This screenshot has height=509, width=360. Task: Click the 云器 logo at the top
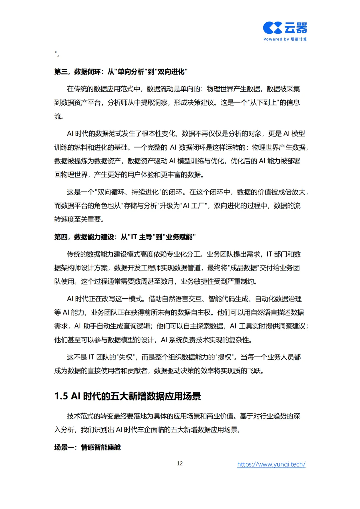[285, 28]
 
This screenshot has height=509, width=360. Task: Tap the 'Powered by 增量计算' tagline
[285, 39]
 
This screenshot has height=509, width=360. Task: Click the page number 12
[180, 463]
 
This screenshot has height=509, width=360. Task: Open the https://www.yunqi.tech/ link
[271, 464]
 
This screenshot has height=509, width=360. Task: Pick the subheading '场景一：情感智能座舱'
[87, 447]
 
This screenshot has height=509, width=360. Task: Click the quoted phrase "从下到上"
[263, 103]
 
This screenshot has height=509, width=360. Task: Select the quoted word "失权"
[126, 357]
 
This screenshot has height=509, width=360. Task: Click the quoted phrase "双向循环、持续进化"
[132, 192]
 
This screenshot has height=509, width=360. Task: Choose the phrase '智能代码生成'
[228, 299]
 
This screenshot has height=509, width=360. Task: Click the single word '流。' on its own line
[59, 116]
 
